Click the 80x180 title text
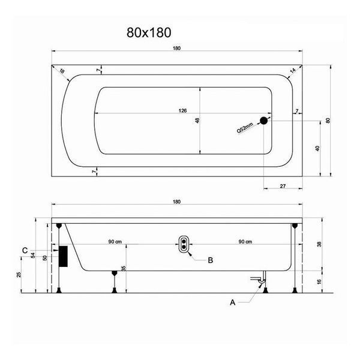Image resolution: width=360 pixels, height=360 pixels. click(x=149, y=32)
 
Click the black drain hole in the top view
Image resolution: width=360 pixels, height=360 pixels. click(x=264, y=121)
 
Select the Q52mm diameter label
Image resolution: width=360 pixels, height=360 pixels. click(x=245, y=128)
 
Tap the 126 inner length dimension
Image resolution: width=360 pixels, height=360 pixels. click(x=183, y=110)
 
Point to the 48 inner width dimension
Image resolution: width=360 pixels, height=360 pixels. click(x=197, y=121)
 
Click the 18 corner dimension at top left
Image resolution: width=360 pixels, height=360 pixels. click(x=62, y=71)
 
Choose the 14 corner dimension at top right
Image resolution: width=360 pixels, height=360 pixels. click(x=293, y=70)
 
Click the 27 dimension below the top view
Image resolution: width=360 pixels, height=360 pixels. click(x=283, y=186)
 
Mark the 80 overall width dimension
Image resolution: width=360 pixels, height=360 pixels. click(x=328, y=121)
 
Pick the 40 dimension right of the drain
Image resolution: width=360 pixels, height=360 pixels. click(x=317, y=148)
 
